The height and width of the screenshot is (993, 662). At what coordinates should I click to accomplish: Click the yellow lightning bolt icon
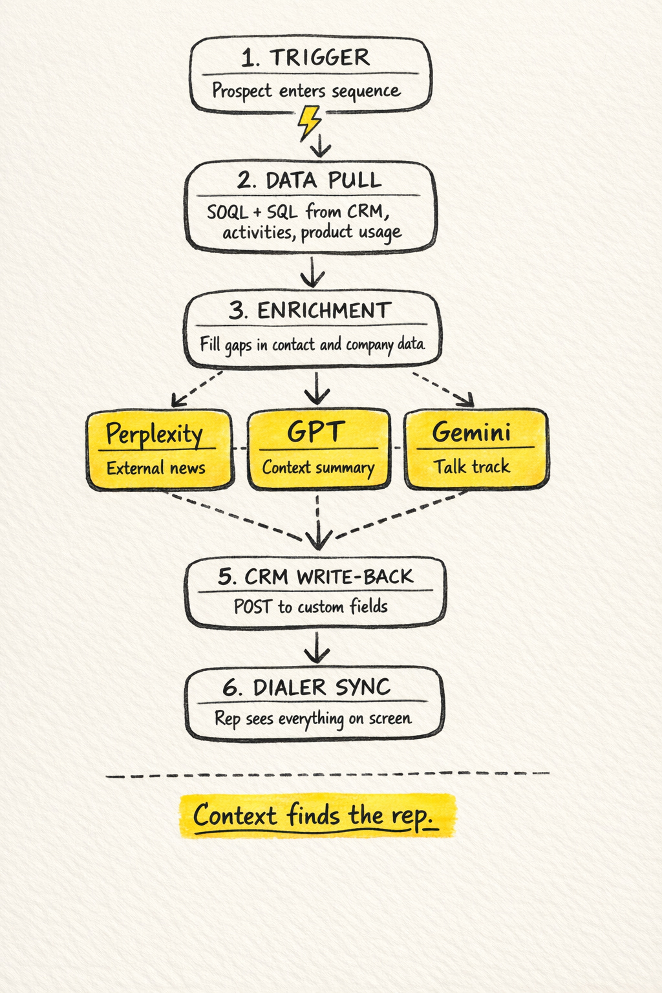click(x=309, y=122)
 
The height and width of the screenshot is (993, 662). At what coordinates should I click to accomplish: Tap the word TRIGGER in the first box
click(x=320, y=58)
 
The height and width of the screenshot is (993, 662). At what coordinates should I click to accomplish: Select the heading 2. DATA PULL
click(x=309, y=180)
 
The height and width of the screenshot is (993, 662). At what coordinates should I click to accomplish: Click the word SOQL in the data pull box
click(x=228, y=212)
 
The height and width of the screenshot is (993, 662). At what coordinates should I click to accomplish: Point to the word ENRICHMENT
click(x=325, y=310)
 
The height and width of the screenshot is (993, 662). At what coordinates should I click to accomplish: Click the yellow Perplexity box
click(x=159, y=450)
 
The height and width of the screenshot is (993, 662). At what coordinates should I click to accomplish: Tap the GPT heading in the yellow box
click(x=315, y=432)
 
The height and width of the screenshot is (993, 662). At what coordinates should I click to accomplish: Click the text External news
click(x=156, y=468)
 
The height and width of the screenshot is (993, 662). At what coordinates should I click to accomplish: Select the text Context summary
click(x=318, y=467)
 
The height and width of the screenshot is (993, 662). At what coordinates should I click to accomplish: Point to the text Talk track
click(x=472, y=466)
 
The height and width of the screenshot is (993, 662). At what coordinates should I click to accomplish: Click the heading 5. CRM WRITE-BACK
click(x=315, y=576)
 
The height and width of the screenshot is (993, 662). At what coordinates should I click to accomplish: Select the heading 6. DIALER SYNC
click(x=306, y=687)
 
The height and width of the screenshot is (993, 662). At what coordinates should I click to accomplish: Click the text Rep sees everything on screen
click(x=313, y=718)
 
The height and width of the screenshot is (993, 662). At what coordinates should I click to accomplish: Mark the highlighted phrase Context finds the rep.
click(x=315, y=816)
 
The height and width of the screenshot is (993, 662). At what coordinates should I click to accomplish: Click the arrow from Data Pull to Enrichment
click(x=313, y=272)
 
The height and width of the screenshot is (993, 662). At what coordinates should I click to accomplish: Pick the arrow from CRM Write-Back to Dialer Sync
click(x=317, y=648)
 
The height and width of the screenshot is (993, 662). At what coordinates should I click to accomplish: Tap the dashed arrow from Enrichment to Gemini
click(x=445, y=389)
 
